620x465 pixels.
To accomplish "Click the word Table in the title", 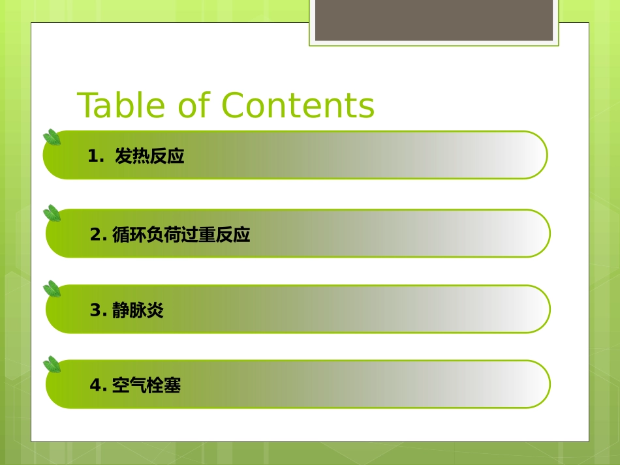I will pos(122,106).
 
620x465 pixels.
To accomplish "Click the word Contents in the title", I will pos(298,106).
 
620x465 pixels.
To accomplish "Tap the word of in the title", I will pos(194,106).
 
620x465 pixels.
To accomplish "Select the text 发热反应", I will pos(149,157).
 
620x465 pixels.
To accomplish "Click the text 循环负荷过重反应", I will pos(181,235).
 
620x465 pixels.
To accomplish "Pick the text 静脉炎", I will pos(138,310).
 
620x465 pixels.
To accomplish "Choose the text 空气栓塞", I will pos(146,386).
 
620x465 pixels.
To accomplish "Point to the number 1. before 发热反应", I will pos(95,157).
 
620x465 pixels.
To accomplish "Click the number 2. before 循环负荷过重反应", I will pos(99,235).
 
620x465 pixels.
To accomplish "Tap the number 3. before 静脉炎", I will pos(99,310).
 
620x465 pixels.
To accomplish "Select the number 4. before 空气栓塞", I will pos(99,386).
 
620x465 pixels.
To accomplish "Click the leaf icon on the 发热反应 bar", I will pos(52,138).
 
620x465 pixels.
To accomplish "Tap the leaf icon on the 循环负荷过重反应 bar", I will pos(52,213).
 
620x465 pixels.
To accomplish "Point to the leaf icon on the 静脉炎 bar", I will pos(52,289).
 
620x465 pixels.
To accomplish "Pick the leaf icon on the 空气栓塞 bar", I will pos(52,365).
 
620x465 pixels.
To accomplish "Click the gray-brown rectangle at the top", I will pos(434,20).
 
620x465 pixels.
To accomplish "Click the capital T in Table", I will pos(87,106).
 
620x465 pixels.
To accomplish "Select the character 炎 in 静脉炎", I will pos(155,310).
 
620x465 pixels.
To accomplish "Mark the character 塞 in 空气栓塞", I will pos(172,386).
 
